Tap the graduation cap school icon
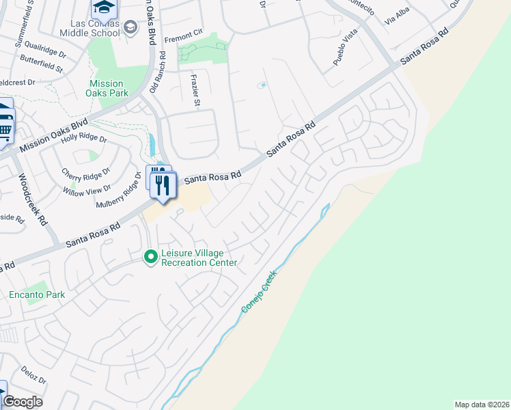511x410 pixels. pyautogui.click(x=104, y=8)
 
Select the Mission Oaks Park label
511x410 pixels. pyautogui.click(x=109, y=88)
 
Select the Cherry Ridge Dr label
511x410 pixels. pyautogui.click(x=85, y=174)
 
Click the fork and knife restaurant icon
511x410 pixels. pyautogui.click(x=163, y=184)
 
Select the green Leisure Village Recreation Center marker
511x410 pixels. pyautogui.click(x=150, y=257)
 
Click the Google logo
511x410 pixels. pyautogui.click(x=22, y=401)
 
